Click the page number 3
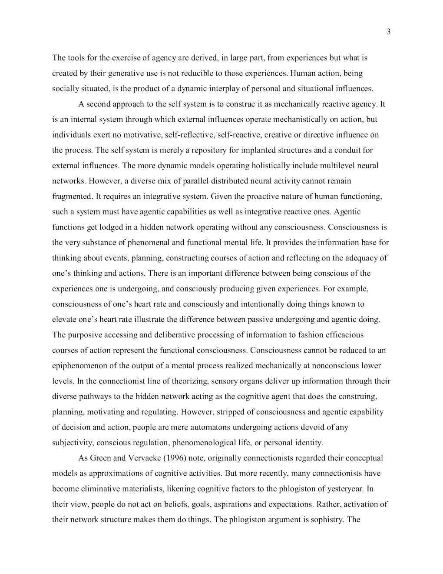coord(388,31)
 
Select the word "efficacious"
coord(342,335)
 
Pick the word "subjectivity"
coord(72,443)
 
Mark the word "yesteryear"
coord(346,489)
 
